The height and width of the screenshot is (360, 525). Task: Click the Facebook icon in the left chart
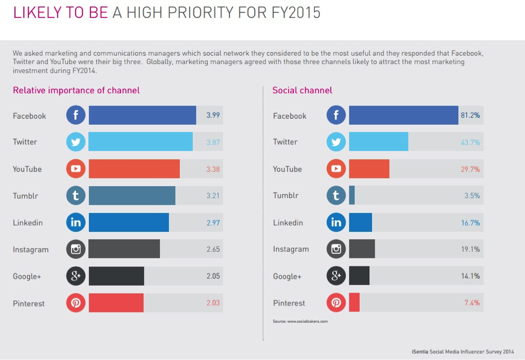(x=76, y=115)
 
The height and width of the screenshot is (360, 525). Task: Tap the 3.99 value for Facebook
(x=213, y=115)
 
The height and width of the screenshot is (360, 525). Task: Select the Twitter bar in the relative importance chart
(x=141, y=142)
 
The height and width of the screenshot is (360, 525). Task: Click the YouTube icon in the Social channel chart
(x=336, y=168)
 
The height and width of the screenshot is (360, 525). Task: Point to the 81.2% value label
(x=470, y=115)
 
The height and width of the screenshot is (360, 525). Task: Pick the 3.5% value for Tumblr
(x=472, y=195)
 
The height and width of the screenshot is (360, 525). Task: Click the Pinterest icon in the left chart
(x=76, y=303)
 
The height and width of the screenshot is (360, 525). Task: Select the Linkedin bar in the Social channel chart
(x=360, y=222)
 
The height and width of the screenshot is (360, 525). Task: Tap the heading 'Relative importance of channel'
(x=76, y=90)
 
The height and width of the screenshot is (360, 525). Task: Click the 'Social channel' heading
(x=302, y=90)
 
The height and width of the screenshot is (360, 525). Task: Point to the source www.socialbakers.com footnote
(x=300, y=321)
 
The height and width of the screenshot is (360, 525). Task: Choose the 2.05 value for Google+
(x=213, y=276)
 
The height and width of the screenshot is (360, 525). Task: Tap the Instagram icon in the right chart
(x=336, y=249)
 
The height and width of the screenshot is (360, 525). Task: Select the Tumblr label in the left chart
(x=25, y=196)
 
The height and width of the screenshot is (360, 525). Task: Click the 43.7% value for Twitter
(x=470, y=142)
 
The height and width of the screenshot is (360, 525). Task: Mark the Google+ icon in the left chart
(x=76, y=276)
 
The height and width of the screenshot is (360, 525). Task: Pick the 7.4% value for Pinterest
(x=472, y=303)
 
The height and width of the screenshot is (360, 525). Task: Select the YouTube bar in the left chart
(x=134, y=168)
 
